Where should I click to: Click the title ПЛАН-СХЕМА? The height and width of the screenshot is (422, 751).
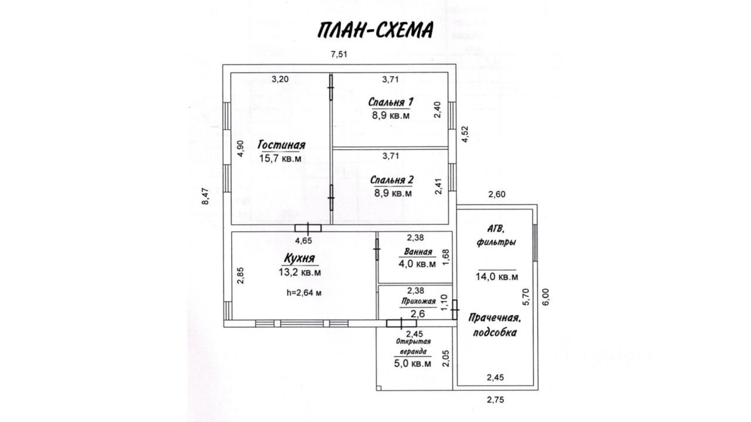(375, 29)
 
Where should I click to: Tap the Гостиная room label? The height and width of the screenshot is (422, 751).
(282, 145)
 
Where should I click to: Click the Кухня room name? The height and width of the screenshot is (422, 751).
(299, 258)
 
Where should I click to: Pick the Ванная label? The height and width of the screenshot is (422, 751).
(417, 252)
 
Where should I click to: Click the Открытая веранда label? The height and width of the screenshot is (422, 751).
(413, 346)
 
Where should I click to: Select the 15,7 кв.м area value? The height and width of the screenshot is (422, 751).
(280, 158)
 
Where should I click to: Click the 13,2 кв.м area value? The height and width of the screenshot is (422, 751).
(300, 272)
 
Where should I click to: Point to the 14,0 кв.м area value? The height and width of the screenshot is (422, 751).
(497, 277)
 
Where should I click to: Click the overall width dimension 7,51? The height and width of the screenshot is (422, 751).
(340, 55)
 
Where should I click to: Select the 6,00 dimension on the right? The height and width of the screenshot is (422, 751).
(546, 298)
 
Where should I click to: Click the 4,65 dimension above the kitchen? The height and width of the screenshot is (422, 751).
(303, 240)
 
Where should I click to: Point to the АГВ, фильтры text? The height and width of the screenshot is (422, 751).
(497, 235)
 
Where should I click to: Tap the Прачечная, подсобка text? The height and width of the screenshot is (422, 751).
(495, 325)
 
